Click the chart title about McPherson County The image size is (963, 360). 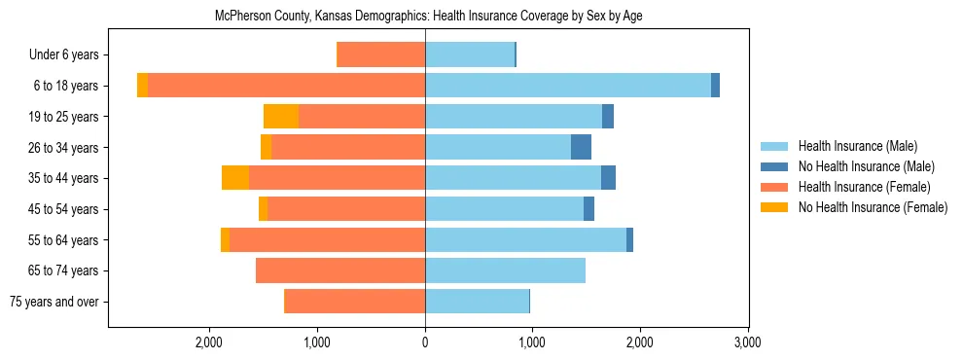[x=428, y=16]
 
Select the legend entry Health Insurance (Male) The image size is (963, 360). [x=857, y=146]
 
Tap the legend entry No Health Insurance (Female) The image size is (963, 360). [x=873, y=207]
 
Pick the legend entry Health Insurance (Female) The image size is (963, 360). [x=864, y=187]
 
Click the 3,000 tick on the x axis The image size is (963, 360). [x=747, y=342]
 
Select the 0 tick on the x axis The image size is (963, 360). [x=425, y=342]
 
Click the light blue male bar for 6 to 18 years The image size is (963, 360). [x=568, y=86]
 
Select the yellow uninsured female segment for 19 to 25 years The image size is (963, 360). [x=281, y=117]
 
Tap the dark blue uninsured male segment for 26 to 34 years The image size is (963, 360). [x=581, y=147]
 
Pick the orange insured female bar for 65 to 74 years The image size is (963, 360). [x=340, y=270]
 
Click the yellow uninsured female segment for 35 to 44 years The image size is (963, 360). [x=235, y=178]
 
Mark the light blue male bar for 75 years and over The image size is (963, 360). [x=477, y=302]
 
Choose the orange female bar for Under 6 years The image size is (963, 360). [x=381, y=54]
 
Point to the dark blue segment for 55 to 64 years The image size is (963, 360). [x=629, y=239]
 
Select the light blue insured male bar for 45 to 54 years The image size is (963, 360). [x=504, y=209]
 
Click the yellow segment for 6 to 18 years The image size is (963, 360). [x=142, y=86]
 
